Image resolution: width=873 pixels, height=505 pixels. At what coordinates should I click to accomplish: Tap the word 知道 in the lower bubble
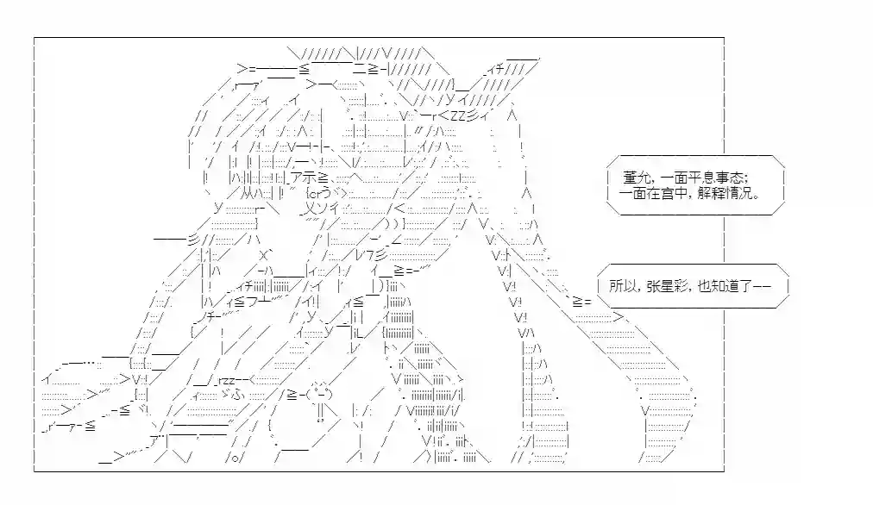tap(725, 286)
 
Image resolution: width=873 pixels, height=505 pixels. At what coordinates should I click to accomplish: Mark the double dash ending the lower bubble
tap(763, 286)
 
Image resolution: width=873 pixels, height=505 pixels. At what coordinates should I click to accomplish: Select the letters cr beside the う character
tap(316, 194)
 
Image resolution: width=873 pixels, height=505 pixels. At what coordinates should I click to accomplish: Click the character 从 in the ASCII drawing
tap(248, 193)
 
